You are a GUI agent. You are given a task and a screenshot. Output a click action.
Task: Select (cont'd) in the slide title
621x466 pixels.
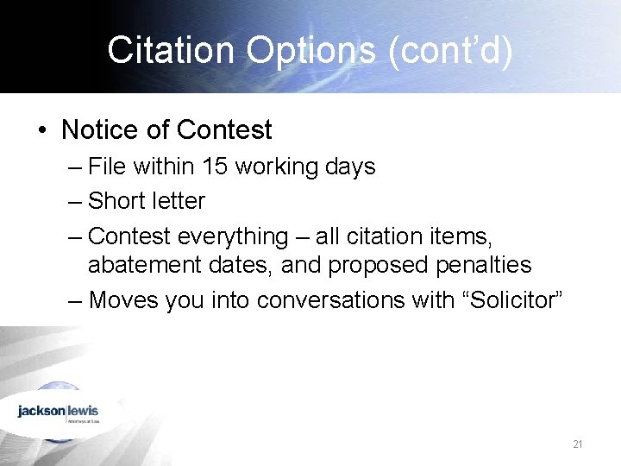pyautogui.click(x=451, y=51)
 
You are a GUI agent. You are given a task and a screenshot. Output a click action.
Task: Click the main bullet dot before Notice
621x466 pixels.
pyautogui.click(x=41, y=130)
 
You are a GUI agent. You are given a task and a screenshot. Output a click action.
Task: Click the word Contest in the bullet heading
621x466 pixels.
pyautogui.click(x=224, y=130)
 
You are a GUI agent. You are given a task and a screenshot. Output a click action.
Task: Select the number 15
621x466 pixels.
pyautogui.click(x=214, y=166)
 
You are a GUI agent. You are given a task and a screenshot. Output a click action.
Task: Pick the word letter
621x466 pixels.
pyautogui.click(x=178, y=201)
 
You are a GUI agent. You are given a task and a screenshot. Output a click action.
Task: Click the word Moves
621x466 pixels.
pyautogui.click(x=121, y=300)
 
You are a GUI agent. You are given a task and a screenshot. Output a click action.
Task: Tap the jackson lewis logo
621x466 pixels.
pyautogui.click(x=58, y=412)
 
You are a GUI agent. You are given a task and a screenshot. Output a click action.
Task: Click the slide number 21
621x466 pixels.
pyautogui.click(x=578, y=444)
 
